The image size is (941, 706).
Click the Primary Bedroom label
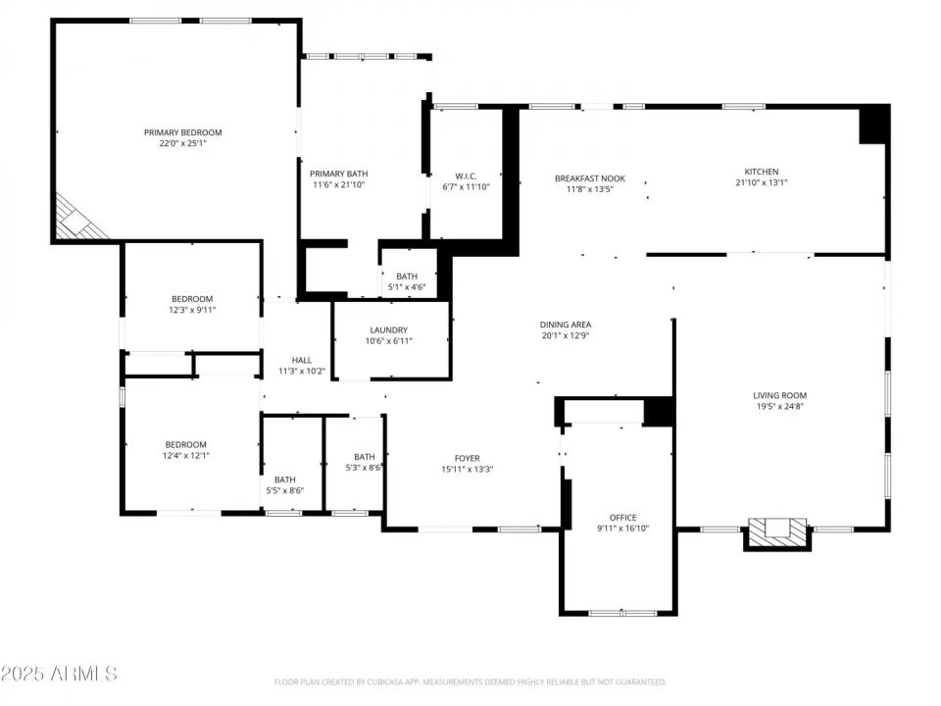pyautogui.click(x=182, y=132)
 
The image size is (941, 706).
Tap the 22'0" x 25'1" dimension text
pyautogui.click(x=182, y=143)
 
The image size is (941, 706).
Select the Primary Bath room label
pyautogui.click(x=339, y=174)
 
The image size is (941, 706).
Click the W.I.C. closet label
pyautogui.click(x=466, y=176)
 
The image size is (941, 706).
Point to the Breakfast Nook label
pyautogui.click(x=589, y=178)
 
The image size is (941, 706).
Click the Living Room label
pyautogui.click(x=780, y=395)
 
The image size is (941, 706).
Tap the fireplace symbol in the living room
pyautogui.click(x=777, y=532)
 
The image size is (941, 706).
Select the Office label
pyautogui.click(x=622, y=518)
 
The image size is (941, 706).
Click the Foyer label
pyautogui.click(x=467, y=458)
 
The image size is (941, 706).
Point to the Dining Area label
pyautogui.click(x=566, y=325)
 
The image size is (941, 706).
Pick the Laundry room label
pyautogui.click(x=388, y=329)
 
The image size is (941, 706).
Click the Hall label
pyautogui.click(x=301, y=360)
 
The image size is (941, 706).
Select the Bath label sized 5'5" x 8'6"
pyautogui.click(x=284, y=479)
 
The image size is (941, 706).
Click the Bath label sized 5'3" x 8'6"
pyautogui.click(x=364, y=457)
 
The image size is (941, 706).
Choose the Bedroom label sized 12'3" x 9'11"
pyautogui.click(x=192, y=299)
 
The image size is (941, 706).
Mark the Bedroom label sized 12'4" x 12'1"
pyautogui.click(x=185, y=444)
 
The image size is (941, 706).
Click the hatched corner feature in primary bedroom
pyautogui.click(x=78, y=218)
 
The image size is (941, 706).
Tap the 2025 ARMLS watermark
pyautogui.click(x=59, y=674)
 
